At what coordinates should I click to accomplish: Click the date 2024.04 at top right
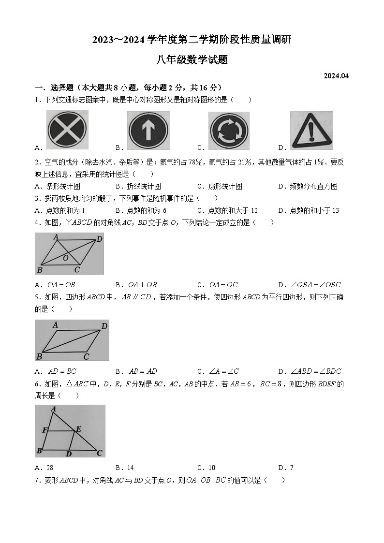[x=336, y=75]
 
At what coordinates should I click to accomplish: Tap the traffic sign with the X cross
[x=67, y=130]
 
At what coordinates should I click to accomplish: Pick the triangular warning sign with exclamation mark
[x=311, y=130]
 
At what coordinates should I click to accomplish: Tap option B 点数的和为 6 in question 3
[x=141, y=210]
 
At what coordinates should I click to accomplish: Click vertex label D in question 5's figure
[x=104, y=326]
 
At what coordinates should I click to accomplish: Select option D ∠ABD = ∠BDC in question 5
[x=310, y=371]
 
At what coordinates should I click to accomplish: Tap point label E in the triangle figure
[x=78, y=428]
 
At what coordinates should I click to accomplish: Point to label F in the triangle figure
[x=44, y=430]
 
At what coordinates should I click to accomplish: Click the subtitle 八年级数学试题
[x=192, y=60]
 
